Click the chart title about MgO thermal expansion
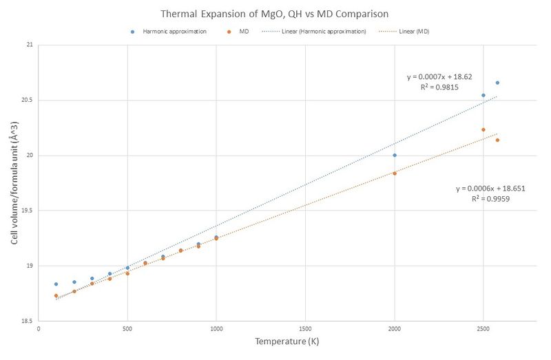pos(275,14)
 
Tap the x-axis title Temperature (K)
pos(286,341)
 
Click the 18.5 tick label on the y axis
pos(26,321)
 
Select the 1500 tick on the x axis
pos(305,329)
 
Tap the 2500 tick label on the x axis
pos(484,329)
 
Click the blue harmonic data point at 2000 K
pos(395,155)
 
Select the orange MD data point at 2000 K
pos(395,173)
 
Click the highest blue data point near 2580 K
pos(497,83)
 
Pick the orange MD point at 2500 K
pos(484,129)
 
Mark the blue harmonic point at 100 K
pos(56,284)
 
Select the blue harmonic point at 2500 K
pos(484,95)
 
